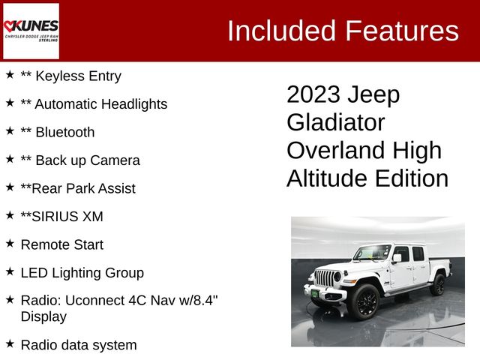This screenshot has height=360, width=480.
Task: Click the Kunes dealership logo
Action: (31, 31)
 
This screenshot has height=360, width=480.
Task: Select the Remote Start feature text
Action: (62, 244)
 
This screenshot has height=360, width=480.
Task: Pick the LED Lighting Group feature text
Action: (82, 273)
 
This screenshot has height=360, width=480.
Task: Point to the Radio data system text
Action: (79, 345)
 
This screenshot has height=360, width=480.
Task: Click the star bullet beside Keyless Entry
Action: (10, 75)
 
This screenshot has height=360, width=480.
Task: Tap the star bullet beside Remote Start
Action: (10, 244)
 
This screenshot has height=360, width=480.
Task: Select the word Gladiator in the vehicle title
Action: (335, 122)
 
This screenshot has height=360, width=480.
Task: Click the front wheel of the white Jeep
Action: (364, 300)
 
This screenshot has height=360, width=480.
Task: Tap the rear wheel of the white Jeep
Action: (438, 284)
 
